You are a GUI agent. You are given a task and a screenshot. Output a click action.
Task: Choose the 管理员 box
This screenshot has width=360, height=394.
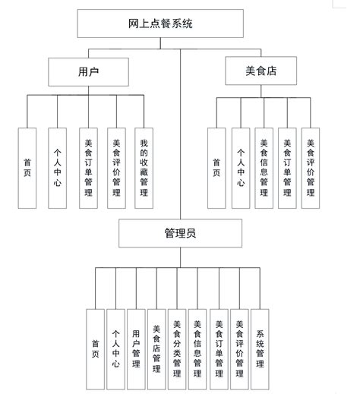pos(180,235)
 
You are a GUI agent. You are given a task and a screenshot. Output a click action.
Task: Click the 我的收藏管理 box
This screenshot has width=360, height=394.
pos(144,167)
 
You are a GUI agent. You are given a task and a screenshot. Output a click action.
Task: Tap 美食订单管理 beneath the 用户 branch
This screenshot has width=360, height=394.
pos(86,167)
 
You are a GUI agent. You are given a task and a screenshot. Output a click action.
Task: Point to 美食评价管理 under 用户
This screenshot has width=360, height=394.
pos(115,167)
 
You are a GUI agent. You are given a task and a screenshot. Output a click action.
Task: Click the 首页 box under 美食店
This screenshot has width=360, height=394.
pos(217,167)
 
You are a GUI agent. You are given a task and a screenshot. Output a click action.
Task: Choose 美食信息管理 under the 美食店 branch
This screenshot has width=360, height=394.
pos(264,167)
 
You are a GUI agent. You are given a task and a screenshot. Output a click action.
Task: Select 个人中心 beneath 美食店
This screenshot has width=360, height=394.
pos(240,167)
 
